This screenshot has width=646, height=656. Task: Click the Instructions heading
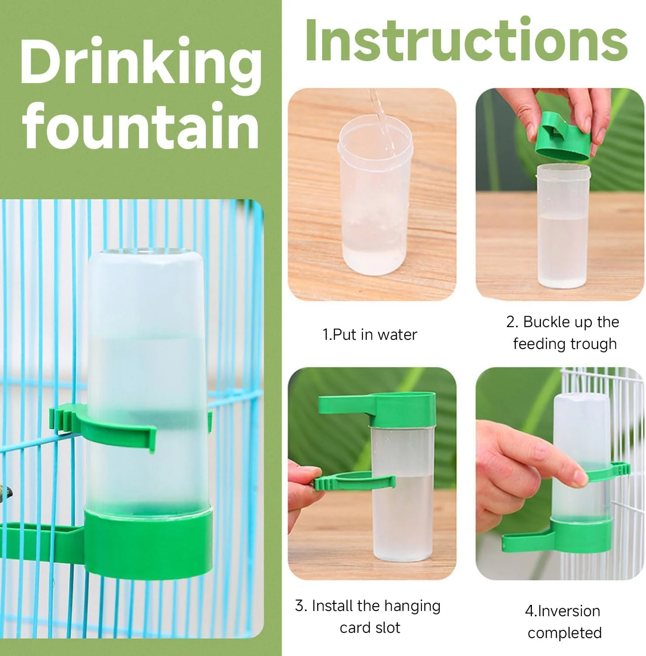pos(466,41)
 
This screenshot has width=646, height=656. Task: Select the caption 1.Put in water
pos(370,335)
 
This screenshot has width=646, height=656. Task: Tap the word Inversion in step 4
pos(568,611)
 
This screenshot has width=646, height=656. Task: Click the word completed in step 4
pos(565,633)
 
